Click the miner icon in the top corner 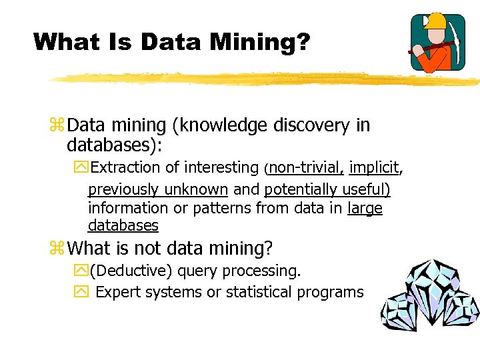pyautogui.click(x=437, y=43)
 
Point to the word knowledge pyautogui.click(x=218, y=125)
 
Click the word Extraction pyautogui.click(x=126, y=167)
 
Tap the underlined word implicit pyautogui.click(x=373, y=167)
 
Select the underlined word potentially pyautogui.click(x=297, y=189)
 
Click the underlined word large pyautogui.click(x=365, y=208)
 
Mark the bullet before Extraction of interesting pyautogui.click(x=81, y=168)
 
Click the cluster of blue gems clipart pyautogui.click(x=430, y=299)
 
